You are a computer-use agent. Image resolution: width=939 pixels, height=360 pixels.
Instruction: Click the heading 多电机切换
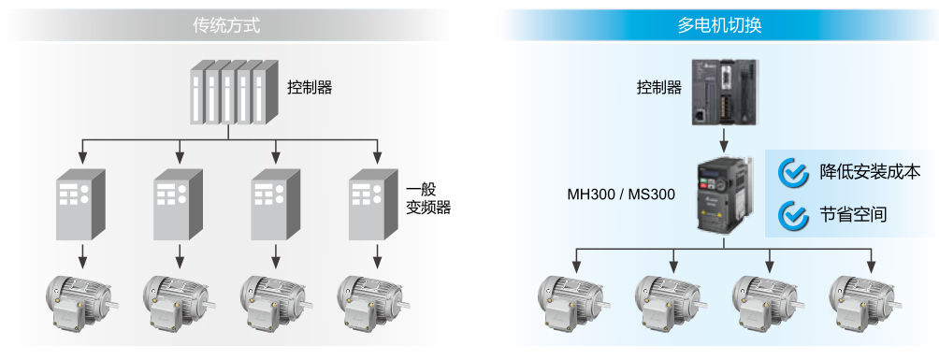pyautogui.click(x=719, y=25)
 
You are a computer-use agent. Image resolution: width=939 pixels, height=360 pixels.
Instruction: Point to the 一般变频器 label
pyautogui.click(x=428, y=197)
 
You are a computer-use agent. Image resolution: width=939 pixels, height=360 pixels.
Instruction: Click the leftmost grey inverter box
pyautogui.click(x=82, y=205)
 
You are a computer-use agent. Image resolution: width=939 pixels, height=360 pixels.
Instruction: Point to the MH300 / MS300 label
pyautogui.click(x=621, y=195)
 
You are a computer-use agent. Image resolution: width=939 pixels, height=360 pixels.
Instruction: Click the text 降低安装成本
pyautogui.click(x=870, y=172)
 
